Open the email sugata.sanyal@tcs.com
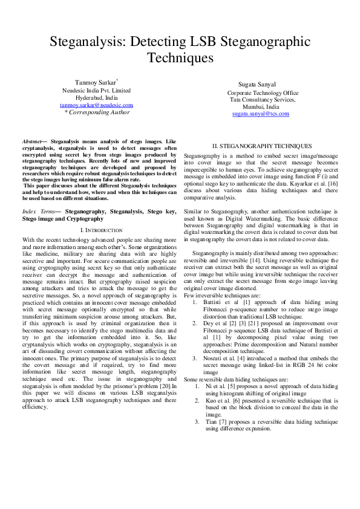coord(261,114)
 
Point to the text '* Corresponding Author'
coord(97,112)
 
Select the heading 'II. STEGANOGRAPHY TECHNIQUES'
coord(262,146)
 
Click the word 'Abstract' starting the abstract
coord(32,140)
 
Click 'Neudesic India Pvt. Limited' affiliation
coord(96,90)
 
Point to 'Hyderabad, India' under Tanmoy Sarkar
coord(96,97)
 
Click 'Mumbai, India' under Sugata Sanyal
coord(261,106)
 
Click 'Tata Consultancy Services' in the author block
coord(261,99)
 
